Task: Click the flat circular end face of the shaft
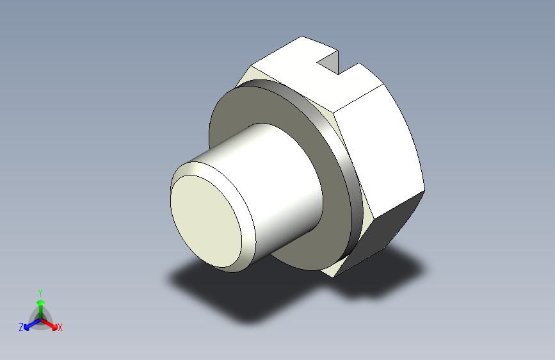[206, 221]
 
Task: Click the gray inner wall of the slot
[329, 60]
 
